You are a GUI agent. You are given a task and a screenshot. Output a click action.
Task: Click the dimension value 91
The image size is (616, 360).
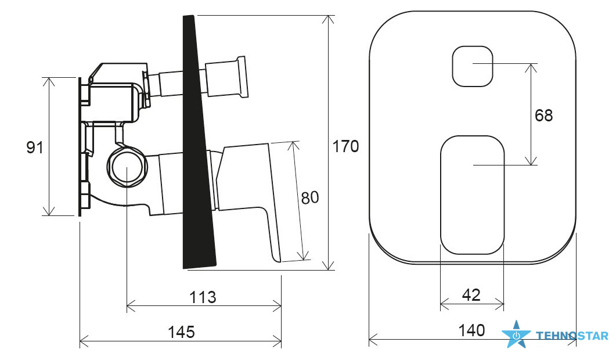35,147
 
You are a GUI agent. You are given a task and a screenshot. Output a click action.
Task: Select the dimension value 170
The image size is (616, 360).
345,146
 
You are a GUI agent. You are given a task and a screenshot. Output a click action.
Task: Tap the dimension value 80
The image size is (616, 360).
310,197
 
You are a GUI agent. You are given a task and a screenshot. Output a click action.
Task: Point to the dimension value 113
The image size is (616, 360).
203,297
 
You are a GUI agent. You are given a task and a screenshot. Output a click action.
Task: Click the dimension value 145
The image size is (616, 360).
182,332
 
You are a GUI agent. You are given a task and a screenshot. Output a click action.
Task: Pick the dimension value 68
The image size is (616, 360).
543,116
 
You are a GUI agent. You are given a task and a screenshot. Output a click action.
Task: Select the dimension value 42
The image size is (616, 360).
471,295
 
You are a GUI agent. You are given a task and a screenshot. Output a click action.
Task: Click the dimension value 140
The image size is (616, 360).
472,330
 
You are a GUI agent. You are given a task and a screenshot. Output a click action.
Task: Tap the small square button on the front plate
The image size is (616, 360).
473,66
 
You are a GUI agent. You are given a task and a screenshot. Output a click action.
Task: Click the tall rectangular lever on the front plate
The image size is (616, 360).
472,195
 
